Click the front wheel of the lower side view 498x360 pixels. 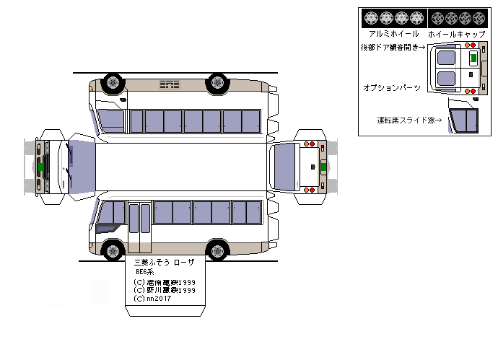112,251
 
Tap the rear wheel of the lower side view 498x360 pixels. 217,251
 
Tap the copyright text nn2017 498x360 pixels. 152,299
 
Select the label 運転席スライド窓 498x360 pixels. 409,120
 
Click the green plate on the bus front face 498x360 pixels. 42,166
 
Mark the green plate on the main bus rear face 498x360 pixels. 323,167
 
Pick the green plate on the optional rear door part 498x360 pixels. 473,57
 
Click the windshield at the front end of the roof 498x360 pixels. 82,167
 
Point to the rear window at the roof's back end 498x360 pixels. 285,167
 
